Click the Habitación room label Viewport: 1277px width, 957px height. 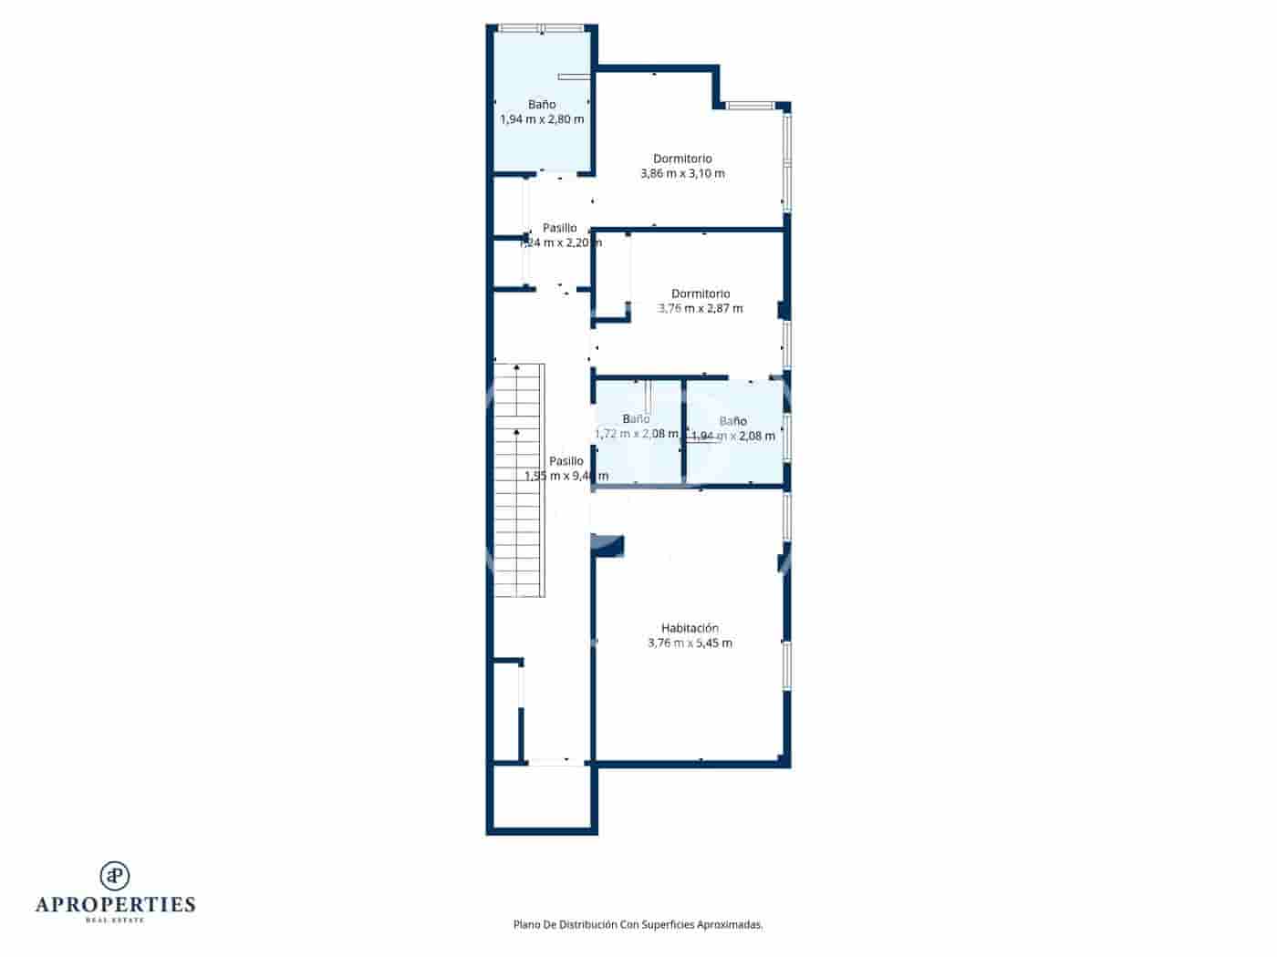click(690, 628)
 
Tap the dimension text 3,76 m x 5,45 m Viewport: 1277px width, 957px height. click(690, 643)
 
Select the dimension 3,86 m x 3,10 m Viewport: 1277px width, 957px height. click(682, 173)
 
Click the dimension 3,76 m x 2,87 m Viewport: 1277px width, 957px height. click(701, 308)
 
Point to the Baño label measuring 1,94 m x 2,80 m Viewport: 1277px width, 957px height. click(542, 105)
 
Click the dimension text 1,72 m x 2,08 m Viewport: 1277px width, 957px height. click(636, 434)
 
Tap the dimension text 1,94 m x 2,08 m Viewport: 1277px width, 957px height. click(733, 436)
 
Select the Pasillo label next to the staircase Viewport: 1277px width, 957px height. click(566, 461)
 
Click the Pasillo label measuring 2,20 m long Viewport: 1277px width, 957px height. click(559, 228)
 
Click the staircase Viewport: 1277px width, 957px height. click(519, 480)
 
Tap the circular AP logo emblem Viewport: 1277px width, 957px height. click(115, 876)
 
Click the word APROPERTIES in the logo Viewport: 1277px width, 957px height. click(115, 905)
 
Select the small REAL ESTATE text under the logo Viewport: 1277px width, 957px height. click(115, 921)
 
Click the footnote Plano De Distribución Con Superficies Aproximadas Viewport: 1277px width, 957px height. click(638, 924)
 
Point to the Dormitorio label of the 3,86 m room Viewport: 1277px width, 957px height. click(682, 159)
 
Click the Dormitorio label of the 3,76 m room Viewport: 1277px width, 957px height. click(701, 293)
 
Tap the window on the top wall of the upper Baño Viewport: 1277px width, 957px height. click(542, 28)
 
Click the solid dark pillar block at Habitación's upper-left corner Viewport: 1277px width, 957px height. click(609, 546)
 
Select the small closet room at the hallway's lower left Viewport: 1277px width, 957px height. click(506, 711)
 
